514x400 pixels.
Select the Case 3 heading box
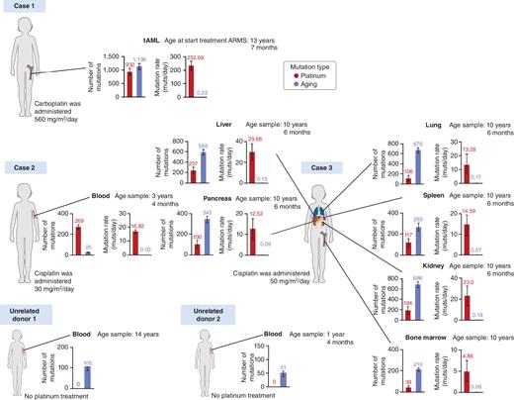(321, 167)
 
